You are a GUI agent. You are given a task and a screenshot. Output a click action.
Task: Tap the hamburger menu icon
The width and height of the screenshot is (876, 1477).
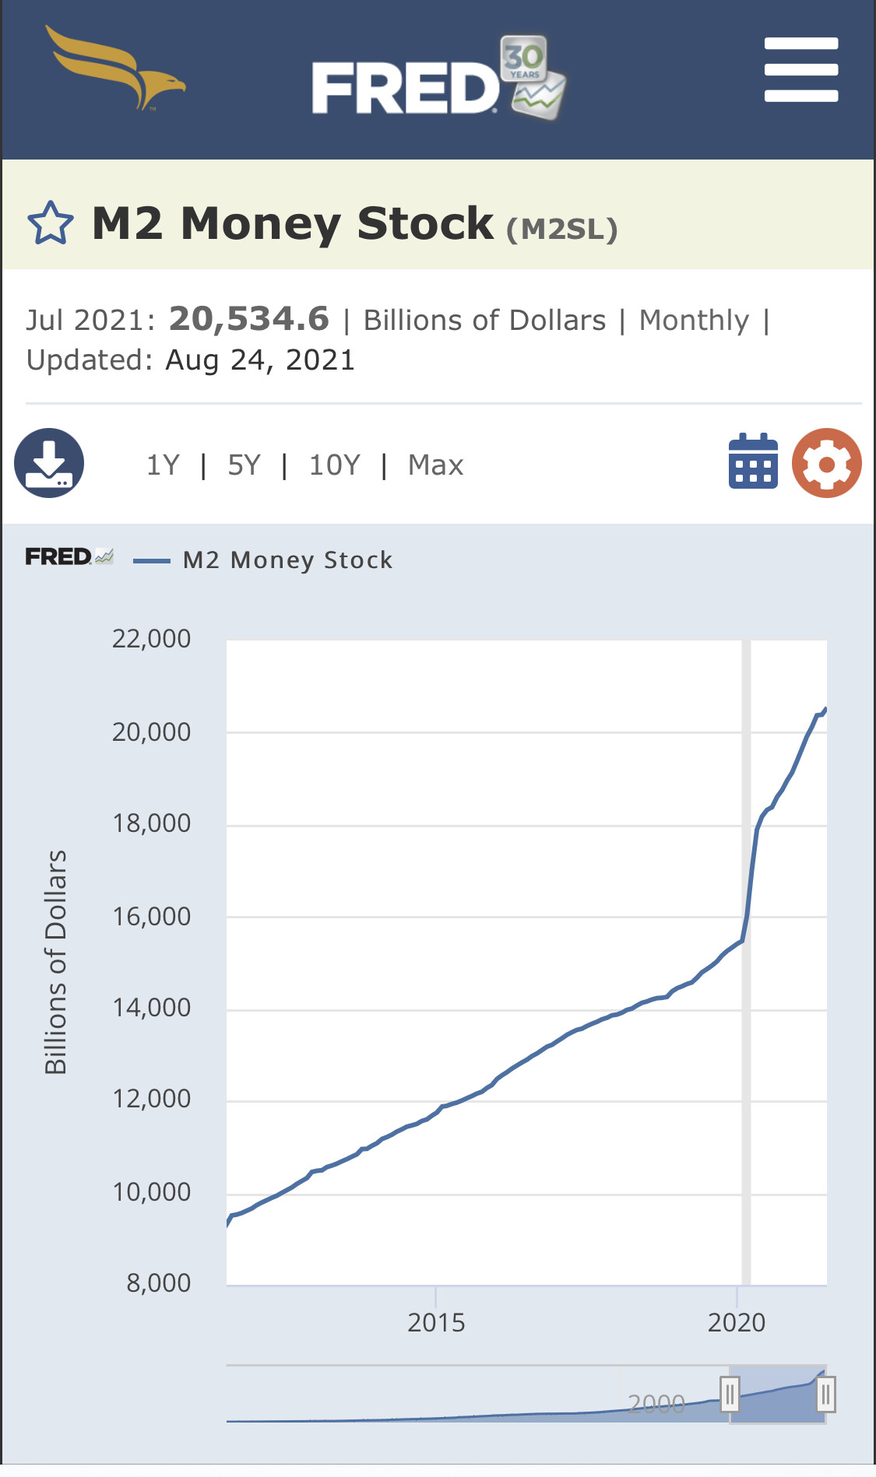point(801,69)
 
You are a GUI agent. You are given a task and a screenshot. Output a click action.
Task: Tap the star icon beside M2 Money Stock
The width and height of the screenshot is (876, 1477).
point(51,223)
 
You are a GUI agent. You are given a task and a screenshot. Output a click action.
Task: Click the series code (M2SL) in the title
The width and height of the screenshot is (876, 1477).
point(562,229)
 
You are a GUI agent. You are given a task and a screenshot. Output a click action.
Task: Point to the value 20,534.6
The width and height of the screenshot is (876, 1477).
point(249,318)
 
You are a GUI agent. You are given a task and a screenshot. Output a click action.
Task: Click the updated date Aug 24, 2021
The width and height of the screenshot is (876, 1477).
point(260,360)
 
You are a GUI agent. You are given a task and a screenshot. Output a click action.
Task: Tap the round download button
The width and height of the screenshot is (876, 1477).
point(49,463)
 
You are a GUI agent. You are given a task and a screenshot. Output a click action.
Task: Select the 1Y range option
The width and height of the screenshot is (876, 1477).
point(163,465)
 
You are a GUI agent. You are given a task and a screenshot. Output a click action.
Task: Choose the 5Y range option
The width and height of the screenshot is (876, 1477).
point(244,465)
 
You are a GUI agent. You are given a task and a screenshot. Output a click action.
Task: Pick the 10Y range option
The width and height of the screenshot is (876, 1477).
point(335,465)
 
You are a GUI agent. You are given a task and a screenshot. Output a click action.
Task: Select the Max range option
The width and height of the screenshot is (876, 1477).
point(436,465)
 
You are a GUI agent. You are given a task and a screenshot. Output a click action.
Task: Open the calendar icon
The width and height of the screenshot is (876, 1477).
point(753,461)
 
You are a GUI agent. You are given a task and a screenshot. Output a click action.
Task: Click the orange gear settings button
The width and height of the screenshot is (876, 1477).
point(827,463)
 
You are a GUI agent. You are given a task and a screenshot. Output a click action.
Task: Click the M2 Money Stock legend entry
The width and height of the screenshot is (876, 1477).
point(263,560)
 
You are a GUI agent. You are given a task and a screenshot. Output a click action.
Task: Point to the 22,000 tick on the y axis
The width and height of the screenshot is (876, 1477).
point(151,639)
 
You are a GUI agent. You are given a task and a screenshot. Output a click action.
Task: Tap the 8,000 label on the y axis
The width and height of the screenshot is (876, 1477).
point(158,1283)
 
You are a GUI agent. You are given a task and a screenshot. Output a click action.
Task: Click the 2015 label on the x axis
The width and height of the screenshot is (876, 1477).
point(436,1323)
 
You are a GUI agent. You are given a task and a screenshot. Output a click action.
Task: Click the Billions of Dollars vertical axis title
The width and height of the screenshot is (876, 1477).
point(56,962)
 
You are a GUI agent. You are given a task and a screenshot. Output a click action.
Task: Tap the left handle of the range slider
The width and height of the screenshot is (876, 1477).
point(730,1394)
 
